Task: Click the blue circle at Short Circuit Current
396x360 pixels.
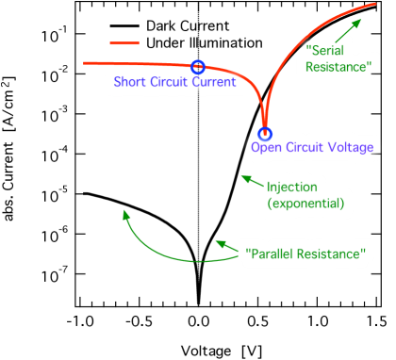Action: click(x=197, y=66)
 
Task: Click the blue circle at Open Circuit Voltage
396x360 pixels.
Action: click(x=265, y=134)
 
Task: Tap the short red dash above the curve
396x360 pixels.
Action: click(x=124, y=43)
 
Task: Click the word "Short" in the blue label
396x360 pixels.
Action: click(x=130, y=82)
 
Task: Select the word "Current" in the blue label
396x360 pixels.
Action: click(x=213, y=82)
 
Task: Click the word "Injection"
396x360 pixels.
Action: click(x=292, y=188)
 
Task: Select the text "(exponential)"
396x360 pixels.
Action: click(x=305, y=204)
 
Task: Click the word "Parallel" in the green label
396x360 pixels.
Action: click(x=271, y=254)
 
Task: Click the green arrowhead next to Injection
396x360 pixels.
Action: click(x=243, y=177)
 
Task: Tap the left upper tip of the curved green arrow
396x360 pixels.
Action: click(x=124, y=211)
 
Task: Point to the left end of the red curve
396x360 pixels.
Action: click(x=85, y=63)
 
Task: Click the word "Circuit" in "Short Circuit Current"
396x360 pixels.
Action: click(x=170, y=82)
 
